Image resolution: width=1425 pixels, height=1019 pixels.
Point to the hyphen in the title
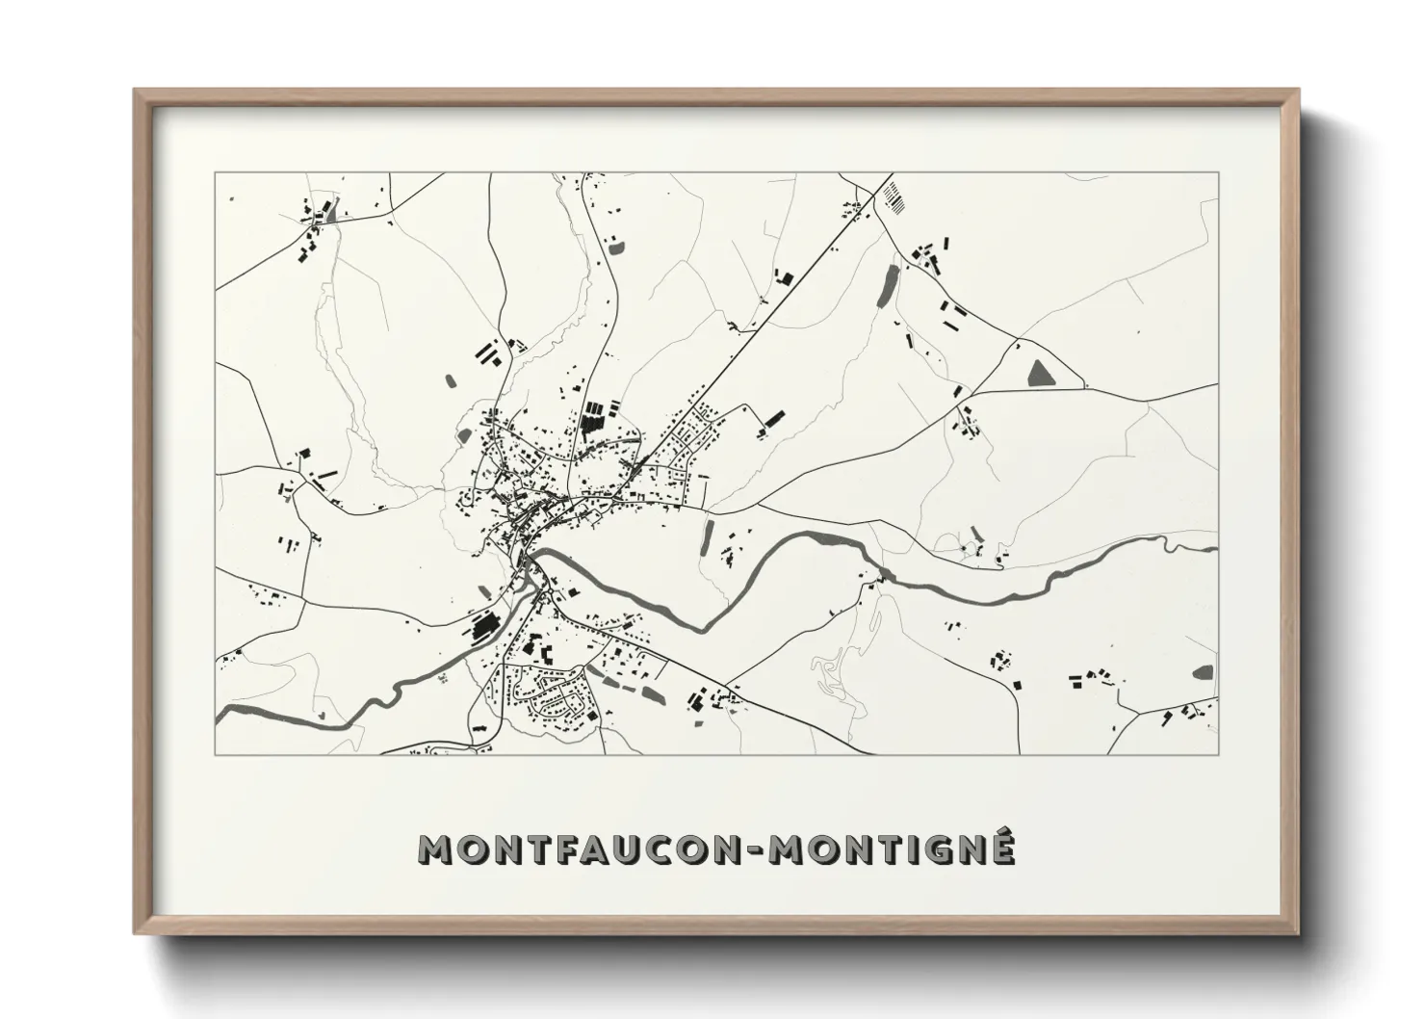tap(760, 850)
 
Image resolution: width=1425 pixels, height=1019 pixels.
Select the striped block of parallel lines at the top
tap(895, 194)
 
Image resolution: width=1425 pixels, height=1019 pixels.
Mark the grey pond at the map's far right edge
tap(1204, 672)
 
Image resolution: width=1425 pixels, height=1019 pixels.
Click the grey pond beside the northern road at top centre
tap(616, 247)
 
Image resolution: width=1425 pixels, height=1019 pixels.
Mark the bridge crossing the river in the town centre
tap(526, 557)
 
